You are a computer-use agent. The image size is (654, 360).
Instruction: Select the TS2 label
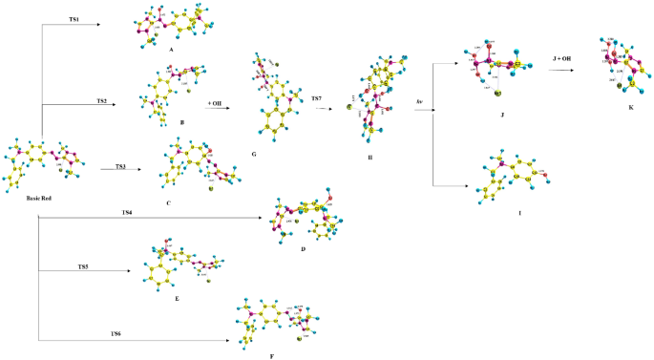100,100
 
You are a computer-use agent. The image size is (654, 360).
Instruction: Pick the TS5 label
86,266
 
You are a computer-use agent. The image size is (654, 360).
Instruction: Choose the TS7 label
316,97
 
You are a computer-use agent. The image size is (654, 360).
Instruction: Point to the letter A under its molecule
169,56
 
